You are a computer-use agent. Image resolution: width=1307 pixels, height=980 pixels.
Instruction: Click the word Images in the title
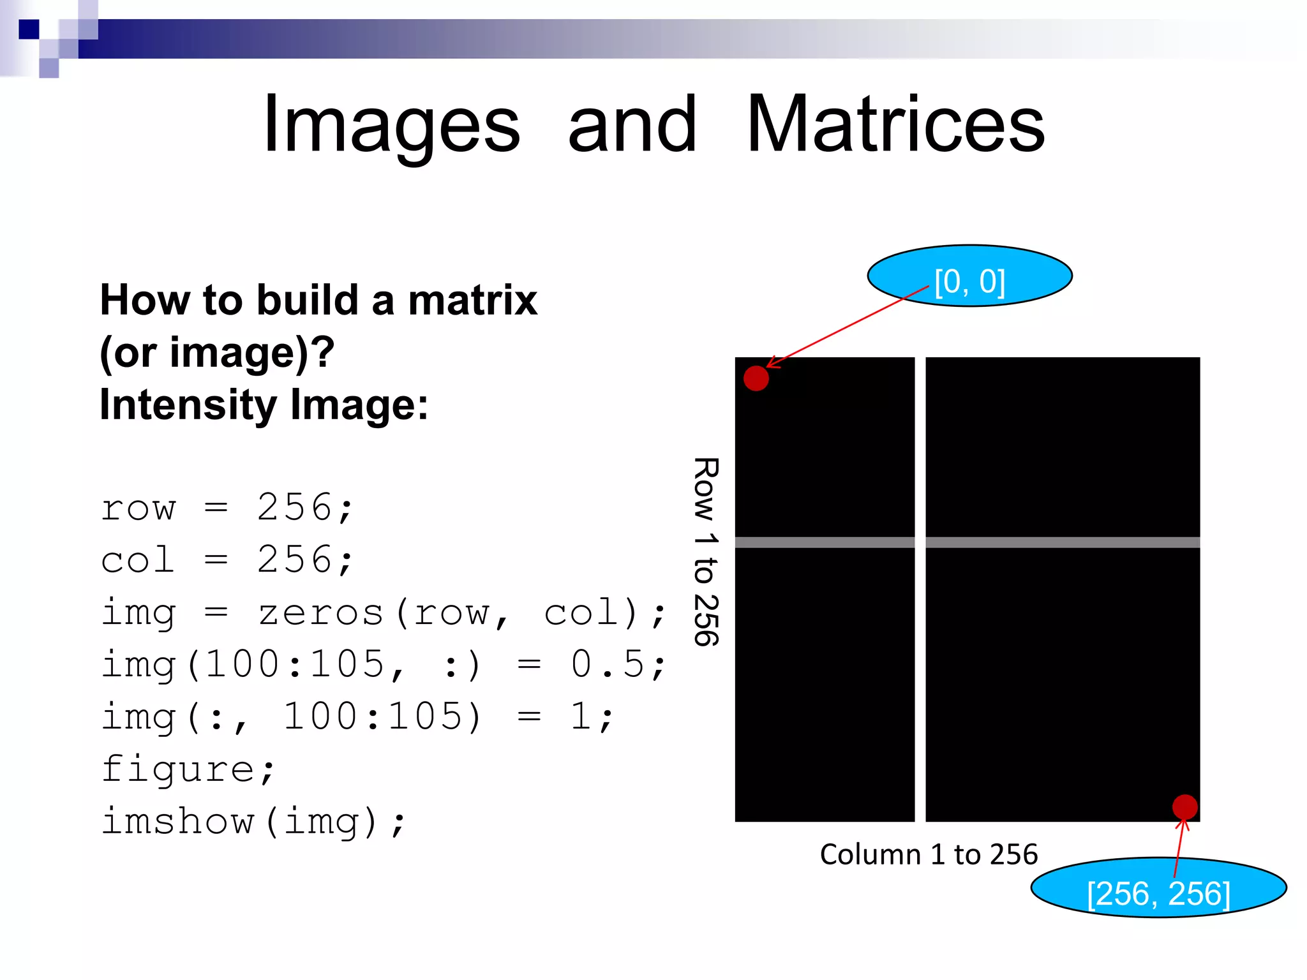pyautogui.click(x=392, y=125)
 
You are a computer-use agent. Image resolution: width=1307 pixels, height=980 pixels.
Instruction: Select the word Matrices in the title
pyautogui.click(x=895, y=124)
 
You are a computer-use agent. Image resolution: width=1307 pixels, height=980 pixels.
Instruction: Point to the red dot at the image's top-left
pyautogui.click(x=756, y=378)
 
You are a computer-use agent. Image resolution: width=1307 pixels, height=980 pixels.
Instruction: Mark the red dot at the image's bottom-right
pyautogui.click(x=1185, y=807)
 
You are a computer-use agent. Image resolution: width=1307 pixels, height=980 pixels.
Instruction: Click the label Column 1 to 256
pyautogui.click(x=929, y=854)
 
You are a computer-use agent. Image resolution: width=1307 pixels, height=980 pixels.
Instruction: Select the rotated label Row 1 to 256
pyautogui.click(x=706, y=551)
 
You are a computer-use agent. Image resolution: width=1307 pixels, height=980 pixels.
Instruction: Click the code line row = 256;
pyautogui.click(x=227, y=509)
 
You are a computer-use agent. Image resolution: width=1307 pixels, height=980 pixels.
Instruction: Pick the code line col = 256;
pyautogui.click(x=227, y=561)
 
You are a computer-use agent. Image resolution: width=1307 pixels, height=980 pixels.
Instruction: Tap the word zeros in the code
pyautogui.click(x=320, y=613)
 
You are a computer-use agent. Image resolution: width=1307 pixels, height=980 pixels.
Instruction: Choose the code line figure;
pyautogui.click(x=188, y=769)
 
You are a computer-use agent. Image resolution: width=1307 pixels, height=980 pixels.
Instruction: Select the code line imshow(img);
pyautogui.click(x=253, y=822)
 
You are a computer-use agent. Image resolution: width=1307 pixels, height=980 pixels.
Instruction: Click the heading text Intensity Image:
pyautogui.click(x=264, y=405)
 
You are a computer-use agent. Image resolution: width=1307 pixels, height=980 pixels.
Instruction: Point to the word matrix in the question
pyautogui.click(x=472, y=300)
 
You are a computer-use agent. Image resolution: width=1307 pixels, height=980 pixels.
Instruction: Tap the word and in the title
pyautogui.click(x=632, y=125)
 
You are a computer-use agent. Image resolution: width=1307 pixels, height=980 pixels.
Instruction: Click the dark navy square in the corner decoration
pyautogui.click(x=29, y=29)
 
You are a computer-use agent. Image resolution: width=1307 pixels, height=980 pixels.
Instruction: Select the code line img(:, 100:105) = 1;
pyautogui.click(x=357, y=717)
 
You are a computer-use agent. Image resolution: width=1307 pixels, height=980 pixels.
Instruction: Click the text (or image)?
pyautogui.click(x=217, y=352)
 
